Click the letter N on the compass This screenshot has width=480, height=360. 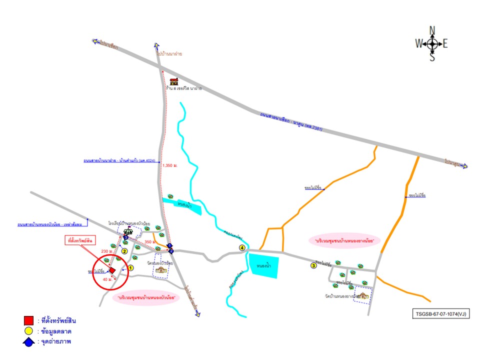(x=432, y=29)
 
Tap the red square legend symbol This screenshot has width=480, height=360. (x=29, y=320)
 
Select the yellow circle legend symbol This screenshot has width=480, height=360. (x=29, y=331)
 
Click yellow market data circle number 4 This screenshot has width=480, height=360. (x=242, y=248)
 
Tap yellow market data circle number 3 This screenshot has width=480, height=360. (x=313, y=265)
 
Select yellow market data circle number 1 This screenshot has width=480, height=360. (x=130, y=268)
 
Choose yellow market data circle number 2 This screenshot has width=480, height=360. (x=124, y=251)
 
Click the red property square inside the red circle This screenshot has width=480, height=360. (x=112, y=270)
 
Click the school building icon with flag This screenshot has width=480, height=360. (x=127, y=230)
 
